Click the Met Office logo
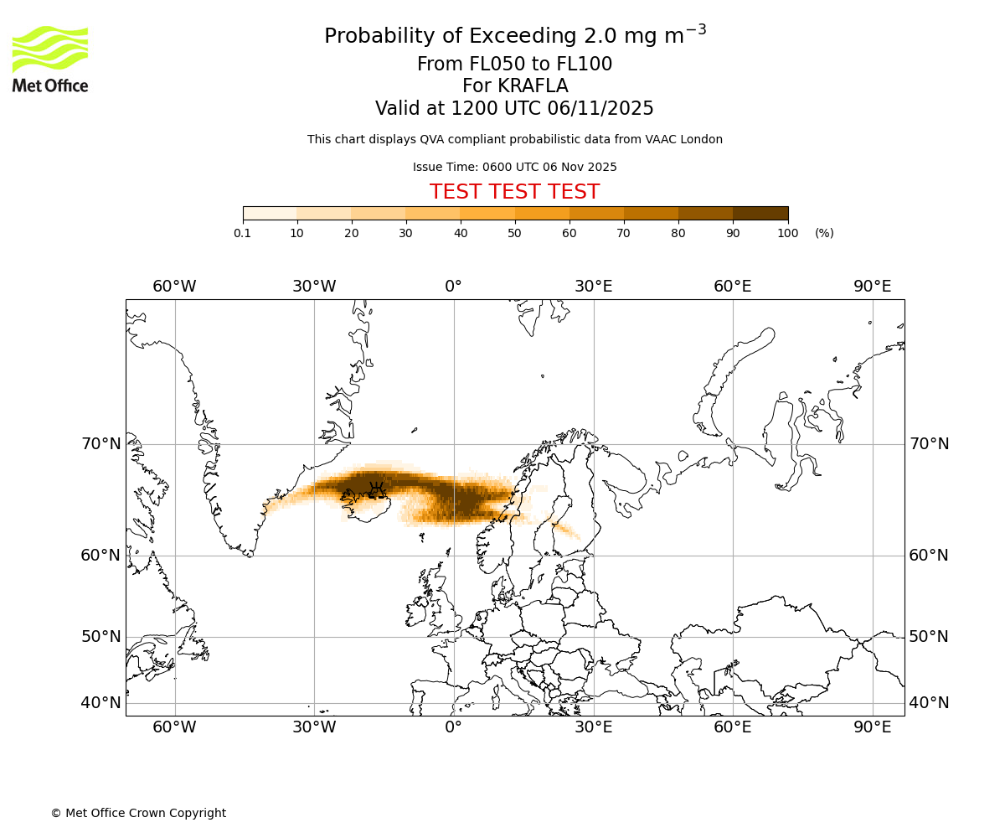50,59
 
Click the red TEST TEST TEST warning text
514,192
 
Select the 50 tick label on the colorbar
514,233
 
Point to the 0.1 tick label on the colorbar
243,233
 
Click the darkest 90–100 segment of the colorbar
760,213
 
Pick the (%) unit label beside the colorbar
824,233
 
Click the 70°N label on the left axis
100,444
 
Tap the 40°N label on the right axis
929,703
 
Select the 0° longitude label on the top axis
453,287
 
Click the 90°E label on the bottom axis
872,727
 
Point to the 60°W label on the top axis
174,287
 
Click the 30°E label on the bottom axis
593,727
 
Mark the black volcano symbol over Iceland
378,489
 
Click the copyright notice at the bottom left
138,813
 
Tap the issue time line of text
514,168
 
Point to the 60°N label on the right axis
929,555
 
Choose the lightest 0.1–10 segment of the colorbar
270,213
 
